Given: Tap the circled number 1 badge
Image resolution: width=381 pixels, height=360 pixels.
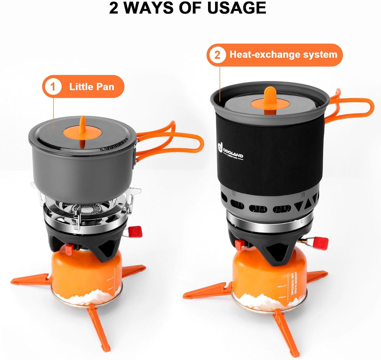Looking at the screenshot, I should click(53, 87).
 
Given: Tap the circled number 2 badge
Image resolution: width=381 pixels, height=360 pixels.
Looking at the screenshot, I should click(217, 55).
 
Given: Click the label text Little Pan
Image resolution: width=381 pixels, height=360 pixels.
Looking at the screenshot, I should click(91, 87).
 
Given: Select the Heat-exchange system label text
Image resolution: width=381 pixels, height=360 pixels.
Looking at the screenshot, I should click(283, 55).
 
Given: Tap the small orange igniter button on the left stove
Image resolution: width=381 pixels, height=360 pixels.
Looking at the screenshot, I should click(69, 248).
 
